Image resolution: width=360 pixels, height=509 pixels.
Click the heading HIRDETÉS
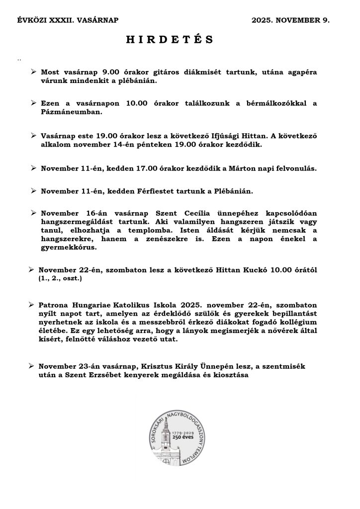tap(170, 40)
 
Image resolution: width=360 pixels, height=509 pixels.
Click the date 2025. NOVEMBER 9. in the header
tap(290, 20)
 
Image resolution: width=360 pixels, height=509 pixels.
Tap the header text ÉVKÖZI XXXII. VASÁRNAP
tap(68, 20)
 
